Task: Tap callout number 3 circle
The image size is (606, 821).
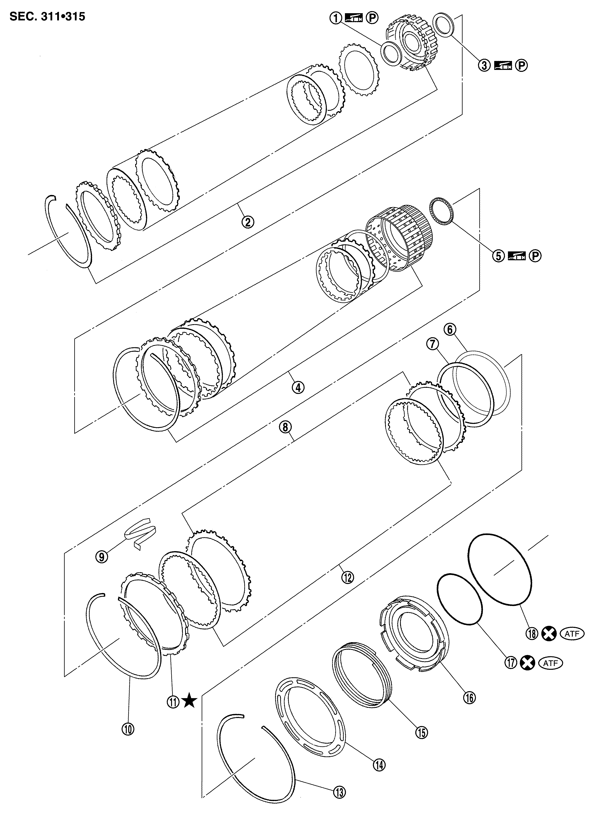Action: click(484, 66)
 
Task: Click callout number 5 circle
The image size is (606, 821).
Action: click(499, 256)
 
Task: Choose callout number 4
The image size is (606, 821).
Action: click(298, 387)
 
